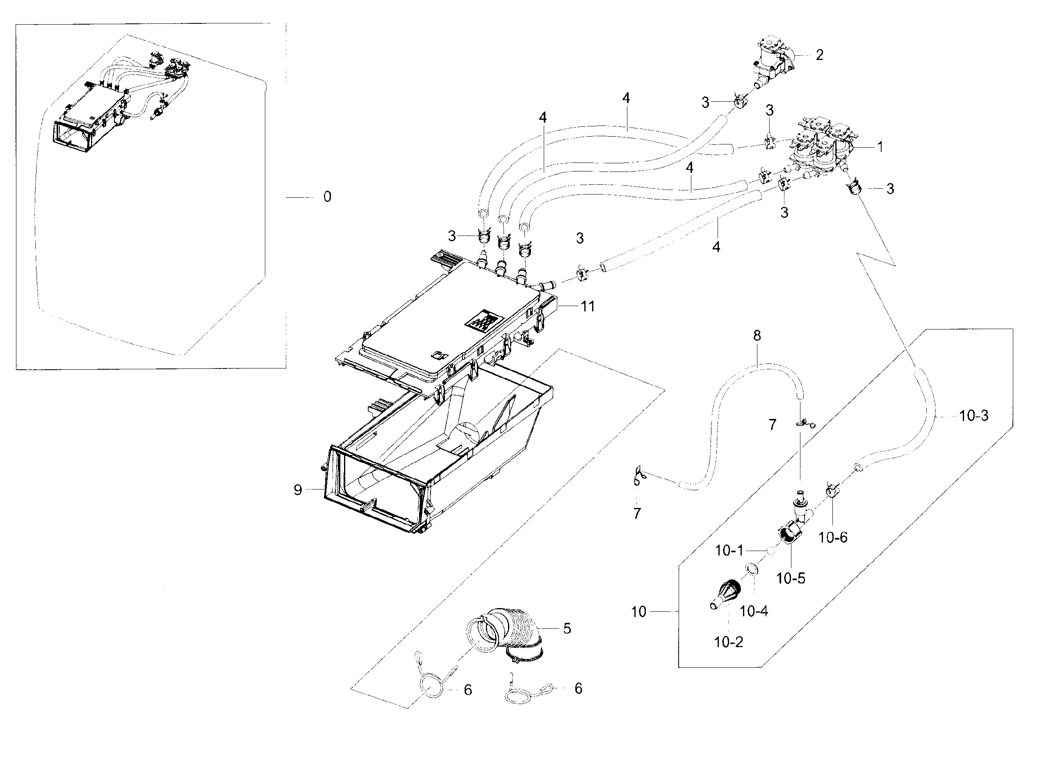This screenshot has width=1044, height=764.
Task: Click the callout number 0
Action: pyautogui.click(x=327, y=197)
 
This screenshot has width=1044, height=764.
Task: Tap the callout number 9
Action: pyautogui.click(x=298, y=490)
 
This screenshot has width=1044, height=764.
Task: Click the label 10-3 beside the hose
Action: pyautogui.click(x=973, y=416)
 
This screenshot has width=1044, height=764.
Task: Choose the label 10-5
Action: pyautogui.click(x=791, y=578)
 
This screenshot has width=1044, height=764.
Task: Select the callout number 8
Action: pyautogui.click(x=757, y=336)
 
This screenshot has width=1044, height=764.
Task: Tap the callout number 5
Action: pyautogui.click(x=567, y=629)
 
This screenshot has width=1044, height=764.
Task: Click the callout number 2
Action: pyautogui.click(x=819, y=55)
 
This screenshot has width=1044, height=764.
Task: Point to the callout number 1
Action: pyautogui.click(x=880, y=147)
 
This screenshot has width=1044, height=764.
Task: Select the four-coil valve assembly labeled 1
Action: pyautogui.click(x=821, y=148)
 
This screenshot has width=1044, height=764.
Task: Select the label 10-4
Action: pyautogui.click(x=754, y=611)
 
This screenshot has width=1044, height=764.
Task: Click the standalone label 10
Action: pyautogui.click(x=639, y=612)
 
